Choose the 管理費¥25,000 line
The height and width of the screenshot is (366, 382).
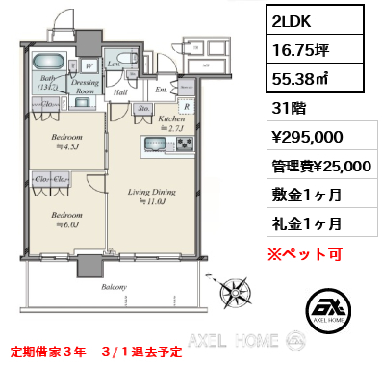321,167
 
